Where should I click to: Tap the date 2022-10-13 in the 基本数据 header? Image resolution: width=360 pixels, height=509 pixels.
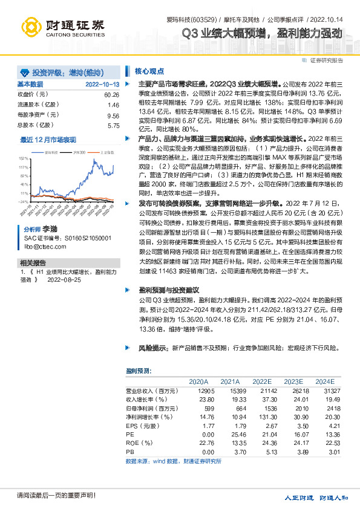[x=102, y=84]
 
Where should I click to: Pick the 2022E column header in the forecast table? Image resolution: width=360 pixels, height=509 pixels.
[x=261, y=381]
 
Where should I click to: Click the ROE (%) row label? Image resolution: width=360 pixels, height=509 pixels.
[x=139, y=443]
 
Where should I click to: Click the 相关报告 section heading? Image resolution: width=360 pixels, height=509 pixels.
[x=33, y=263]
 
